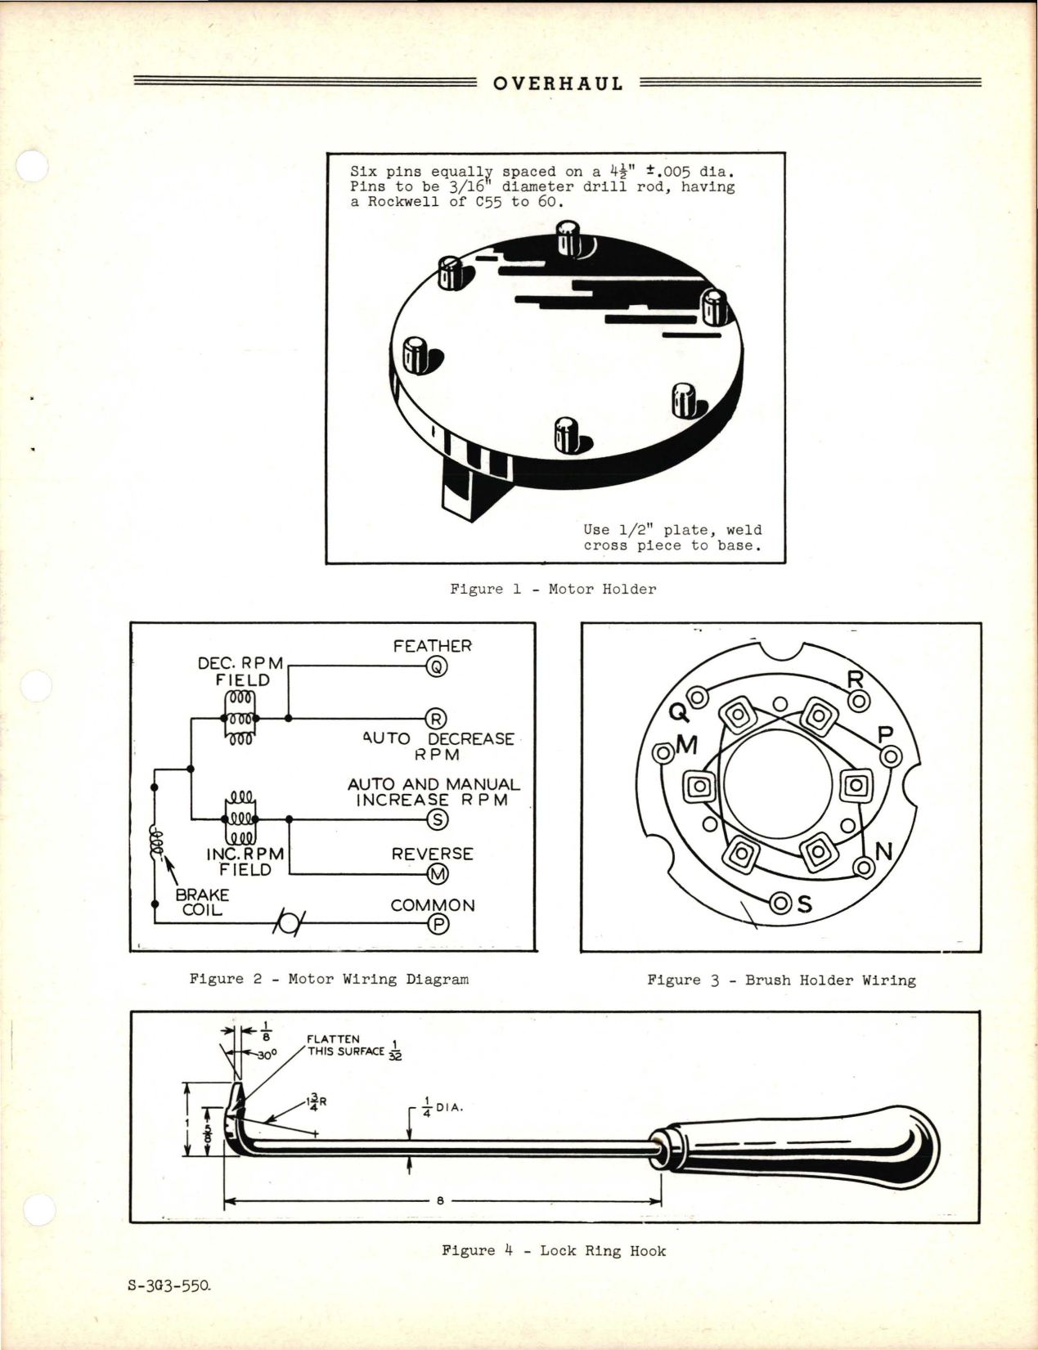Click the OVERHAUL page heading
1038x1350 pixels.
558,83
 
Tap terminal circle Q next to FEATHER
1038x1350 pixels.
437,667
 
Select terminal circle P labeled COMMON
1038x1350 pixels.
438,924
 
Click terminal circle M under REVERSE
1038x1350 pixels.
438,874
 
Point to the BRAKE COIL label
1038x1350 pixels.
202,902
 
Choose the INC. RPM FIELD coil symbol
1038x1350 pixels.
240,819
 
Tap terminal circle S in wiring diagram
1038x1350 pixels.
438,819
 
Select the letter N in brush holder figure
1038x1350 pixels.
883,852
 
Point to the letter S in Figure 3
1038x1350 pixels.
805,904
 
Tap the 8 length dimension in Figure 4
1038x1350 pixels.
440,1201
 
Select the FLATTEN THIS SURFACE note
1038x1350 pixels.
346,1046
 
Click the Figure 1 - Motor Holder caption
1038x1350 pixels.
553,589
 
